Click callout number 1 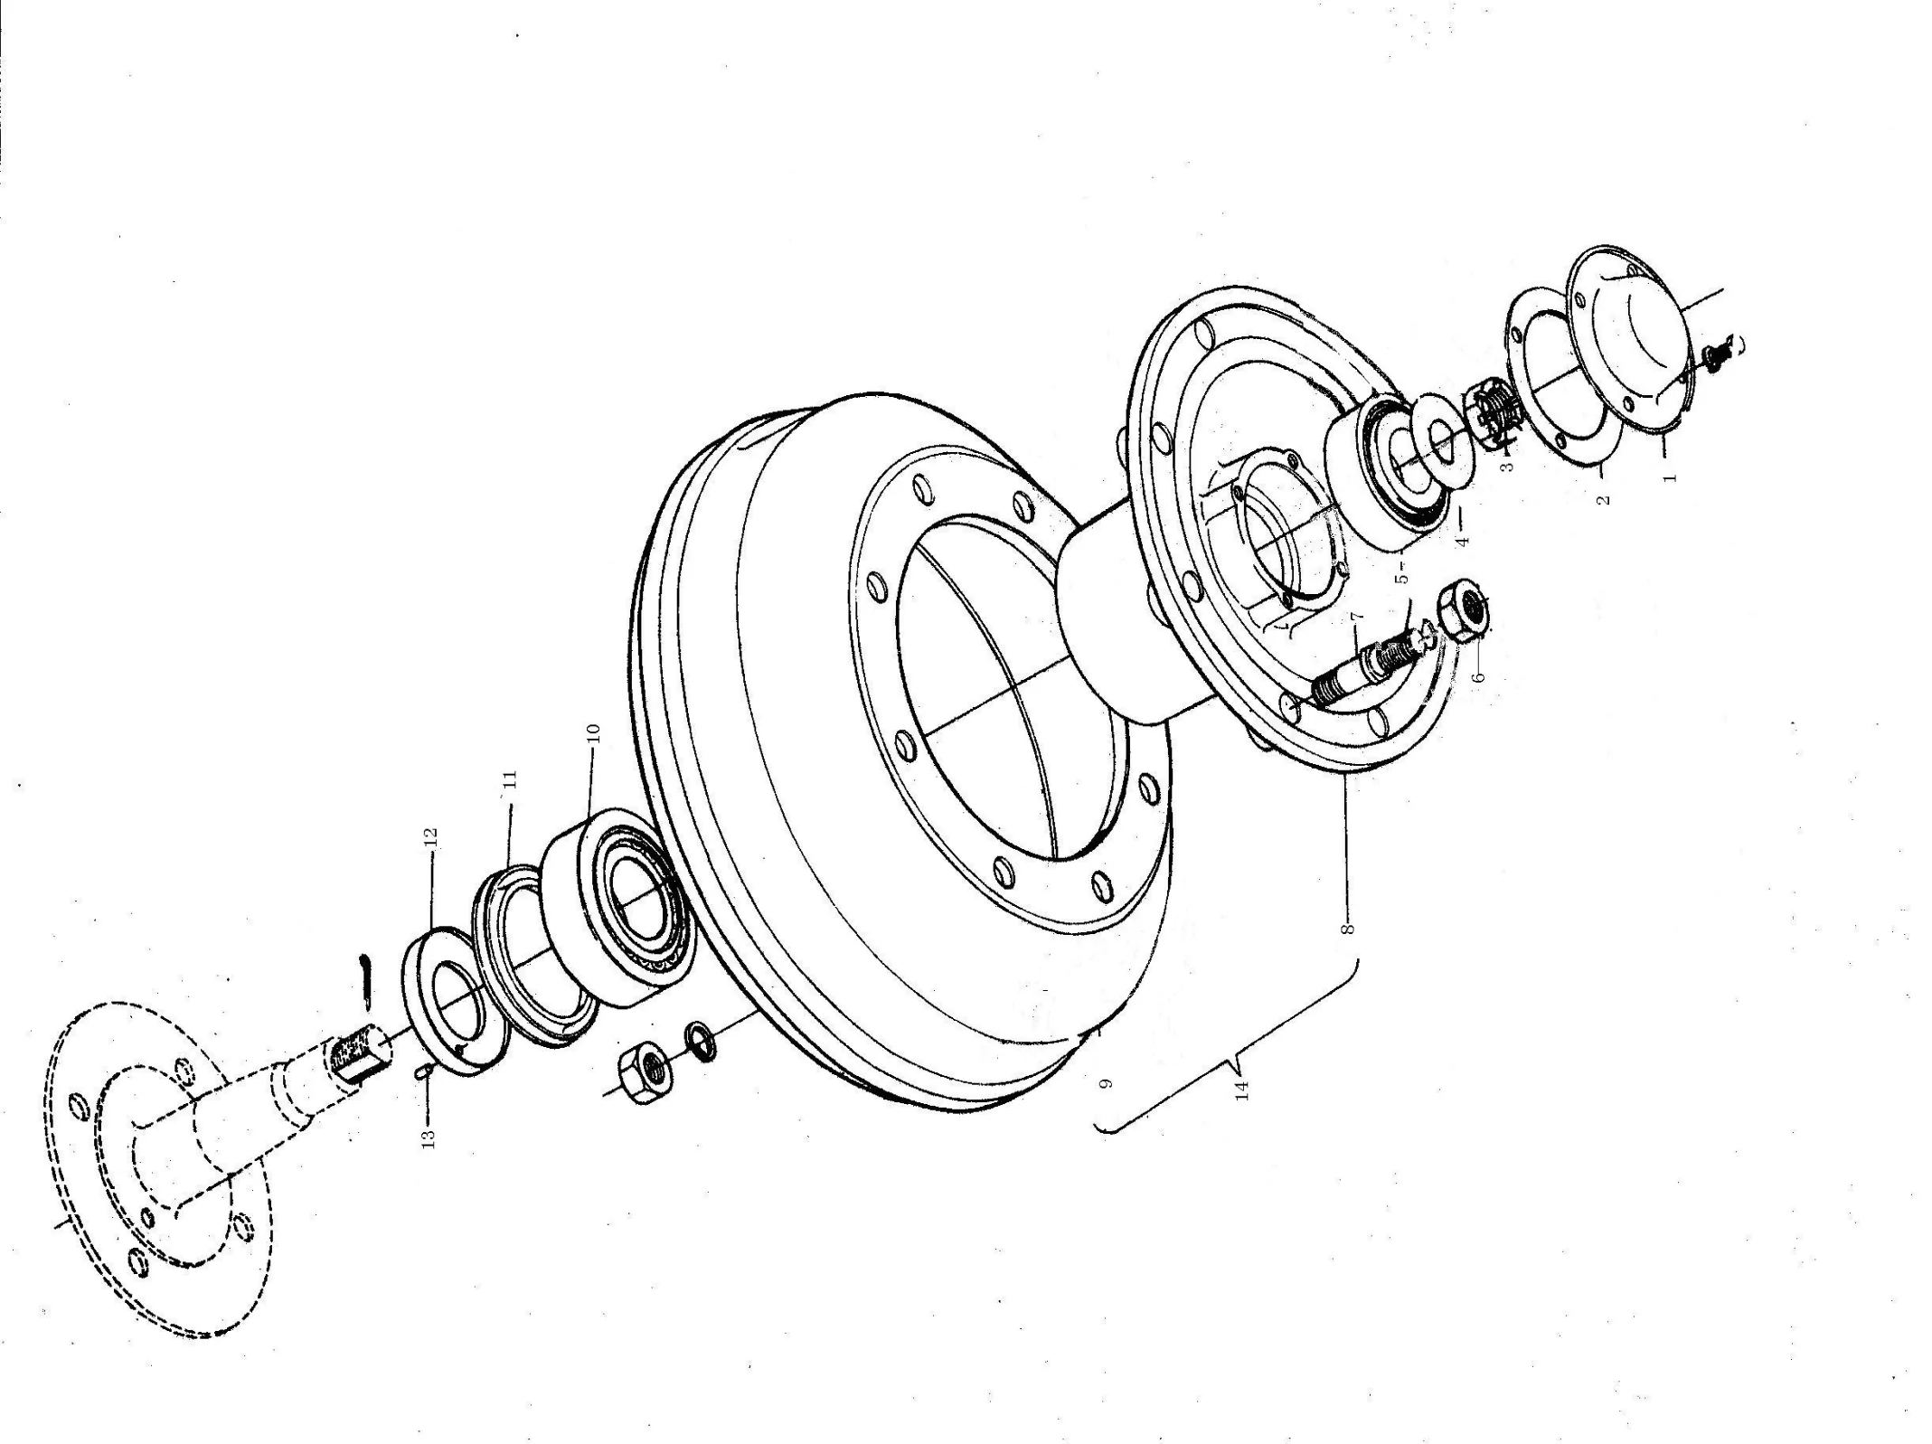coord(1672,472)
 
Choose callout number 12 coord(430,837)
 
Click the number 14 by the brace coord(1242,1090)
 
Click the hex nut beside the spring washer coord(644,1072)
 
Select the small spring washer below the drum coord(701,1038)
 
